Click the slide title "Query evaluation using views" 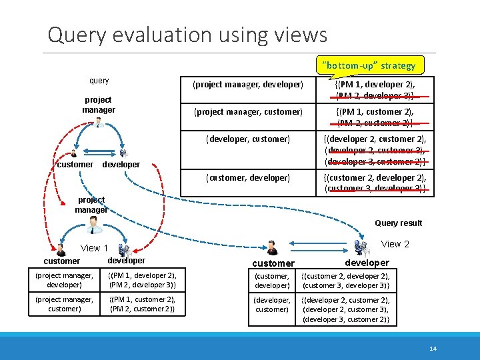(x=187, y=34)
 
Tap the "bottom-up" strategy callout (x=369, y=65)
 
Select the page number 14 (x=433, y=348)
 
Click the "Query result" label (x=398, y=223)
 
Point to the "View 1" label (x=95, y=248)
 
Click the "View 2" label (x=395, y=244)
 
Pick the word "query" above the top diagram (x=99, y=81)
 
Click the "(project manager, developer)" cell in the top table (x=247, y=85)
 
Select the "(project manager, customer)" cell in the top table (x=247, y=111)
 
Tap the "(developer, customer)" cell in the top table (x=247, y=139)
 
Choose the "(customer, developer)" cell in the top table (x=247, y=177)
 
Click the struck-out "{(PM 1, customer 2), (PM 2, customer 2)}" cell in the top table (x=374, y=117)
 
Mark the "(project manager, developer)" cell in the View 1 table (x=64, y=280)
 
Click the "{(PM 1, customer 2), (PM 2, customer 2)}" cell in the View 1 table (x=143, y=304)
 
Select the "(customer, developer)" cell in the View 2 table (x=272, y=280)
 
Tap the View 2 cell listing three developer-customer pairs (x=345, y=309)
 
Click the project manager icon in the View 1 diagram (x=93, y=225)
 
